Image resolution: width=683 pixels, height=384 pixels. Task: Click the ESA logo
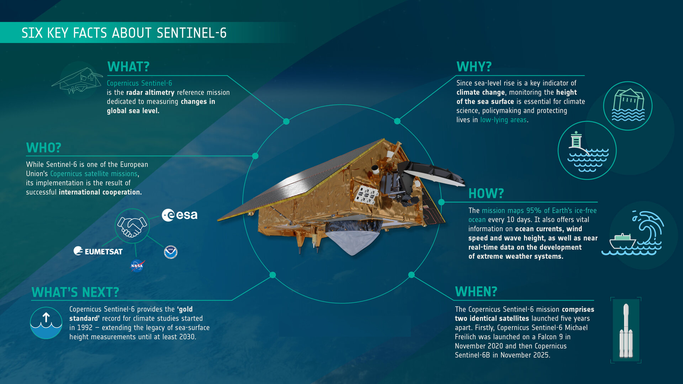click(180, 215)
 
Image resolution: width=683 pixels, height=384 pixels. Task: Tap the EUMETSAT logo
click(98, 251)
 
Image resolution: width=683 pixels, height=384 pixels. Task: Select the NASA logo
click(137, 266)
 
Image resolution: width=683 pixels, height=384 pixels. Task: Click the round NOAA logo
click(170, 252)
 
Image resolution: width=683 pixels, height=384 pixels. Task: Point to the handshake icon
click(132, 226)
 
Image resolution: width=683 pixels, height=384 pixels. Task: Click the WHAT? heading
click(128, 67)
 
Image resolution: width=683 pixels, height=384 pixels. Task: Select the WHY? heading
click(474, 67)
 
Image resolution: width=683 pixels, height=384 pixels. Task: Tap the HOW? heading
click(486, 194)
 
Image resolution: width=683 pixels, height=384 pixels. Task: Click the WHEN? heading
click(476, 292)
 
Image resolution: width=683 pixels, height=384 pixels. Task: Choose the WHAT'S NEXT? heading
click(75, 293)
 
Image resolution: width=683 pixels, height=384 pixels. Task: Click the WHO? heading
click(43, 148)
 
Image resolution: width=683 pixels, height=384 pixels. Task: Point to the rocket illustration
click(626, 331)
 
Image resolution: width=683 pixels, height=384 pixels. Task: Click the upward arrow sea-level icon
click(46, 323)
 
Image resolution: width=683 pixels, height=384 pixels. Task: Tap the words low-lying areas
click(503, 120)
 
